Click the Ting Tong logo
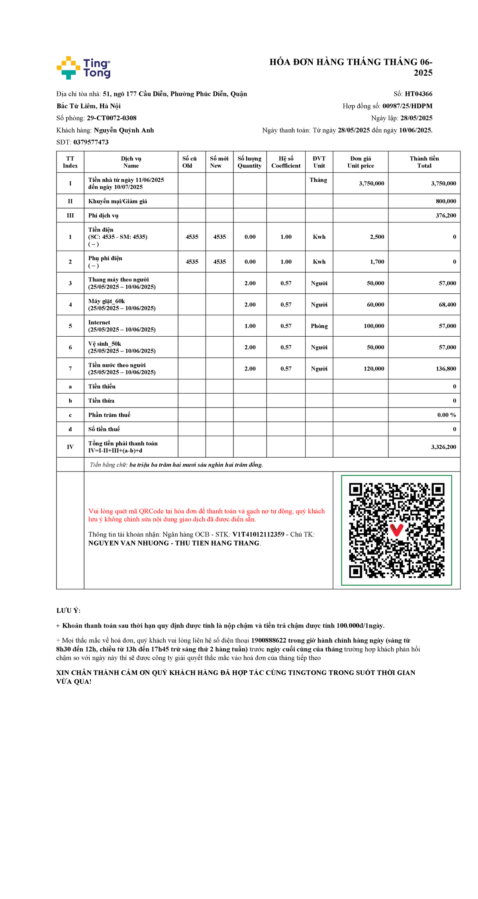pyautogui.click(x=84, y=68)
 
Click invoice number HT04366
pyautogui.click(x=418, y=94)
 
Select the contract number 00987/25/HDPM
pyautogui.click(x=407, y=106)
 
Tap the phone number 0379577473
pyautogui.click(x=91, y=142)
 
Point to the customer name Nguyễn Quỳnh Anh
pyautogui.click(x=124, y=130)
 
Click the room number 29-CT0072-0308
pyautogui.click(x=112, y=118)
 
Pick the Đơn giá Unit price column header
pyautogui.click(x=360, y=162)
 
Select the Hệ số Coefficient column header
pyautogui.click(x=286, y=162)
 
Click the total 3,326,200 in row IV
pyautogui.click(x=443, y=447)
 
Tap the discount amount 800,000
pyautogui.click(x=446, y=201)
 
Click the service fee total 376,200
pyautogui.click(x=446, y=216)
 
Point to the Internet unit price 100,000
pyautogui.click(x=374, y=326)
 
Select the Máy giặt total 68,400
pyautogui.click(x=447, y=305)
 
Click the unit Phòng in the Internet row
pyautogui.click(x=319, y=326)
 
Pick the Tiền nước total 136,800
pyautogui.click(x=446, y=369)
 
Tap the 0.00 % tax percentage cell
pyautogui.click(x=447, y=415)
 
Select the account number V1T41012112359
pyautogui.click(x=258, y=534)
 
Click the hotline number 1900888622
pyautogui.click(x=268, y=640)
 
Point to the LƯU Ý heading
pyautogui.click(x=69, y=610)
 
